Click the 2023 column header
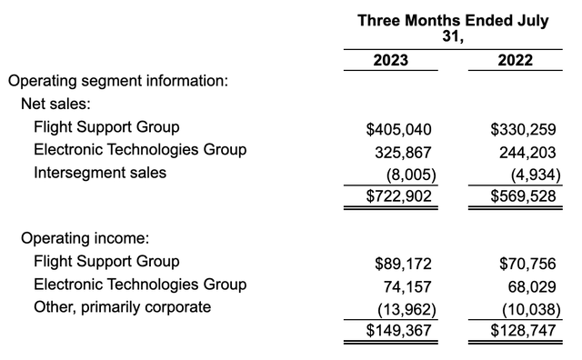click(x=390, y=61)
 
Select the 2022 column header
click(x=515, y=61)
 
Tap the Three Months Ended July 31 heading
click(x=452, y=28)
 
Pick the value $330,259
click(x=516, y=128)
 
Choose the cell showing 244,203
click(x=522, y=150)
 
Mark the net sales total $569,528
click(x=516, y=195)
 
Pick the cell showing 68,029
click(x=527, y=286)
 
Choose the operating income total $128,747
click(x=516, y=330)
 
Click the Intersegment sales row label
click(x=100, y=172)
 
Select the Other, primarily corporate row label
click(x=122, y=307)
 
